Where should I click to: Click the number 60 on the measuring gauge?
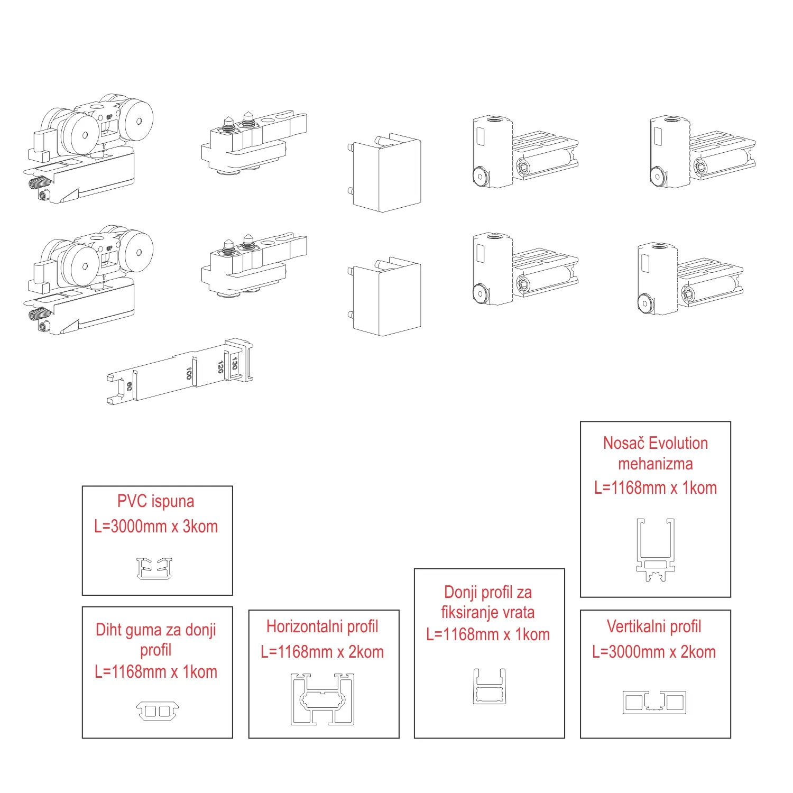[x=129, y=386]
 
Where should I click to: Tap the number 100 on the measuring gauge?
[x=189, y=373]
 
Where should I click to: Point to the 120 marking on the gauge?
[x=220, y=366]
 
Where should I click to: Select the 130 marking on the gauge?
[x=235, y=363]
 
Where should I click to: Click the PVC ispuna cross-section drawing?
[x=154, y=568]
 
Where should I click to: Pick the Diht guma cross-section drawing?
[x=158, y=711]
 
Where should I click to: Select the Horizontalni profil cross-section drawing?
[x=322, y=699]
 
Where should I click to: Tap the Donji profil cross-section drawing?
[x=489, y=687]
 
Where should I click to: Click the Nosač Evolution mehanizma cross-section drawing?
[x=656, y=549]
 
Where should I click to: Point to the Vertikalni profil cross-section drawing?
[x=654, y=702]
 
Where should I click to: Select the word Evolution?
[x=678, y=443]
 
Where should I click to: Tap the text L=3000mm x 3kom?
[x=156, y=527]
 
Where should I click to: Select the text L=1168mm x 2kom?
[x=322, y=652]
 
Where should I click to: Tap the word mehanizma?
[x=655, y=464]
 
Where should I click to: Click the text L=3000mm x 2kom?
[x=654, y=652]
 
